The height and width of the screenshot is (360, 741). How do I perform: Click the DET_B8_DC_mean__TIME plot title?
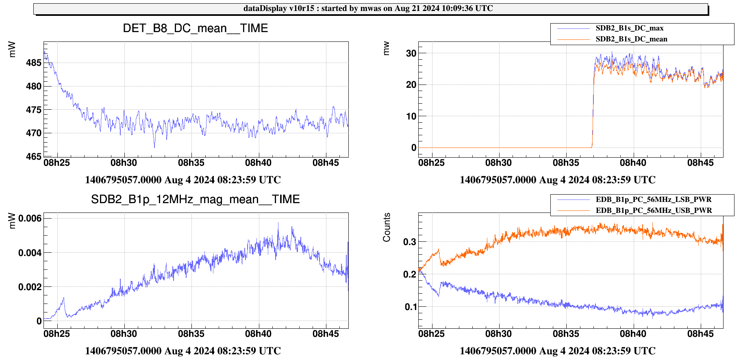coord(195,28)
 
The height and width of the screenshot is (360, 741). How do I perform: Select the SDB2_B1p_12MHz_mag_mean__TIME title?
coord(195,200)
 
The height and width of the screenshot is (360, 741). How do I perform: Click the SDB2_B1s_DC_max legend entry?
coord(629,28)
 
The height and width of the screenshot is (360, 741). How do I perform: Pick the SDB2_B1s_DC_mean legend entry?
coord(631,39)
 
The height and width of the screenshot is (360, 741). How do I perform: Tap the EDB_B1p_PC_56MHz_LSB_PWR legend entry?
coord(653,200)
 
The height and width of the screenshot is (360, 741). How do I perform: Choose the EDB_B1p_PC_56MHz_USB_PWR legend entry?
coord(653,210)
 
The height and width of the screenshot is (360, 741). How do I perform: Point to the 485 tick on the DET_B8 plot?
coord(34,63)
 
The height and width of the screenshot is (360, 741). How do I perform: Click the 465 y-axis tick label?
coord(34,157)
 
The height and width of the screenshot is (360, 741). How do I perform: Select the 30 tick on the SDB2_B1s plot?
coord(411,53)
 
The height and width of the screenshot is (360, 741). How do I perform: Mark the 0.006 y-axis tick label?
coord(30,219)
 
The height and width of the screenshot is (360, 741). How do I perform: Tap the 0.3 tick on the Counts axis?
coord(409,242)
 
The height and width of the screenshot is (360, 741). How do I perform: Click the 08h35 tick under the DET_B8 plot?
coord(191,163)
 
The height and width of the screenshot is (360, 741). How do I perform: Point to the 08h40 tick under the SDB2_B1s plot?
coord(633,163)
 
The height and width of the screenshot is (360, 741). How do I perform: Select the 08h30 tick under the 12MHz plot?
coord(124,334)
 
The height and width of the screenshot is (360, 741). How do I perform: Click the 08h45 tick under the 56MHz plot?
coord(700,334)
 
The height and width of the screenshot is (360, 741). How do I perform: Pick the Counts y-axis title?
coord(387,227)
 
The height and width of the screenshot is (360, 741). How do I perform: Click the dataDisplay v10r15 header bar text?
coord(368,9)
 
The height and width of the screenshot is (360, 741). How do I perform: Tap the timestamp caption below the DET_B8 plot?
coord(183,180)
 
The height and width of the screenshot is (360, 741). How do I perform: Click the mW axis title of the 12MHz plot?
coord(12,221)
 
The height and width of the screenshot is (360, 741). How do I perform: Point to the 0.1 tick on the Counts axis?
coord(411,307)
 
